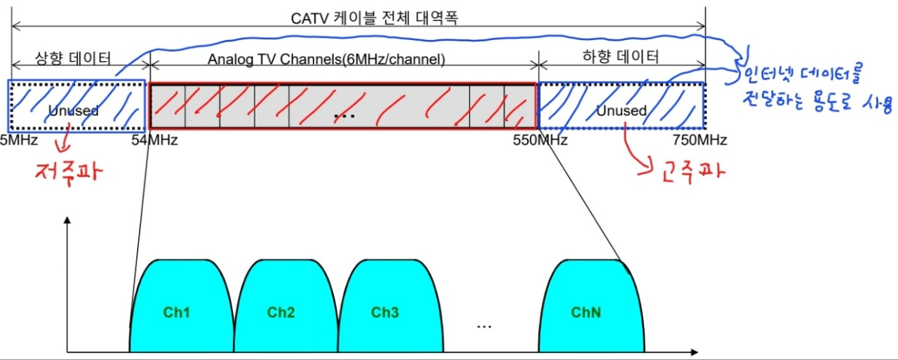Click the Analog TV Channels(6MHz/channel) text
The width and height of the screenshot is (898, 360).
326,60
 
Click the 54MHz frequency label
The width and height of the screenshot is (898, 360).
155,140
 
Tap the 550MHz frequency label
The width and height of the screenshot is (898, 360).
540,140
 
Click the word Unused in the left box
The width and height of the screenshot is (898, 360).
74,110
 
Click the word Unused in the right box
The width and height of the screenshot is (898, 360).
621,111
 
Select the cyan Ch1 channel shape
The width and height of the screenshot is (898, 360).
177,312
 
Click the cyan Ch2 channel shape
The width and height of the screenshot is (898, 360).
281,312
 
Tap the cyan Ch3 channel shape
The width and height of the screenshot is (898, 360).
385,312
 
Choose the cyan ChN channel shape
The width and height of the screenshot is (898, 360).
586,312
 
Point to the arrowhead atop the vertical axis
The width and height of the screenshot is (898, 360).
67,220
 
